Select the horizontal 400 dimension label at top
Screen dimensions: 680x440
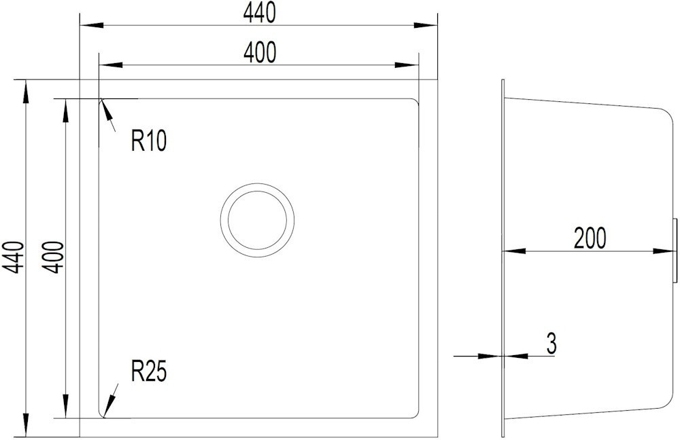259,53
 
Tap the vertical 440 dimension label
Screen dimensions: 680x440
13,257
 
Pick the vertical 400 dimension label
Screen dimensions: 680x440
53,257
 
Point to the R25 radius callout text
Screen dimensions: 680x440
149,371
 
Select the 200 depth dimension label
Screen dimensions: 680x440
590,238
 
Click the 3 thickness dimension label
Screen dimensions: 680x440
551,344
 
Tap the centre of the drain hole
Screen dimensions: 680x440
257,220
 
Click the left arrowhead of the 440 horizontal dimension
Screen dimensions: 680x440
91,25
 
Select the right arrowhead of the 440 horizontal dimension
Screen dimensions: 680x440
426,25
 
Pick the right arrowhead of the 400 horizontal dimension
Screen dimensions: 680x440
407,65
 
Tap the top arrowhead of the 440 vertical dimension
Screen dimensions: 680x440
26,92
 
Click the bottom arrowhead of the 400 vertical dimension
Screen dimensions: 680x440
65,406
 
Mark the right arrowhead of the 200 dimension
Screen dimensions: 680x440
665,251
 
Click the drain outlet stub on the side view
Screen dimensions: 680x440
675,251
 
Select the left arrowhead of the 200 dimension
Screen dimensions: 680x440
514,251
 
